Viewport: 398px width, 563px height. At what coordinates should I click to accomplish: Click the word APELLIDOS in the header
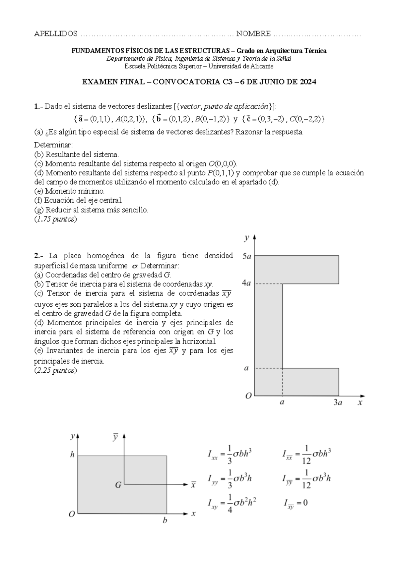[x=56, y=34]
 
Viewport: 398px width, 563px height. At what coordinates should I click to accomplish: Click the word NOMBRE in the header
[x=253, y=34]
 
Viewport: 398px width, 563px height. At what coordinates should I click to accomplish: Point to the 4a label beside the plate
[x=246, y=283]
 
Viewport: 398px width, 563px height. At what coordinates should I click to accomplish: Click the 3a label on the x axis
[x=338, y=403]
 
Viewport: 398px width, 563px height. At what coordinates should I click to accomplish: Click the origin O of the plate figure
[x=248, y=396]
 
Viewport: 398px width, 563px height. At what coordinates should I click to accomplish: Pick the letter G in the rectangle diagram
[x=118, y=485]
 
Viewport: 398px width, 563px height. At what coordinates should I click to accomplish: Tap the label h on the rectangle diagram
[x=72, y=455]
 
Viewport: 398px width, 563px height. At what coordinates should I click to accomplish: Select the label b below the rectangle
[x=165, y=521]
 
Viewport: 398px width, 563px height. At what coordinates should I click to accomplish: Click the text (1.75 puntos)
[x=55, y=219]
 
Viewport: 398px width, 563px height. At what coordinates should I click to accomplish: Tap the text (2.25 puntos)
[x=55, y=371]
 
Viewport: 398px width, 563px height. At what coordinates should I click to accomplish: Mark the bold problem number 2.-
[x=39, y=256]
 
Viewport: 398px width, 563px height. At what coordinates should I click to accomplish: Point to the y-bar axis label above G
[x=115, y=437]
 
